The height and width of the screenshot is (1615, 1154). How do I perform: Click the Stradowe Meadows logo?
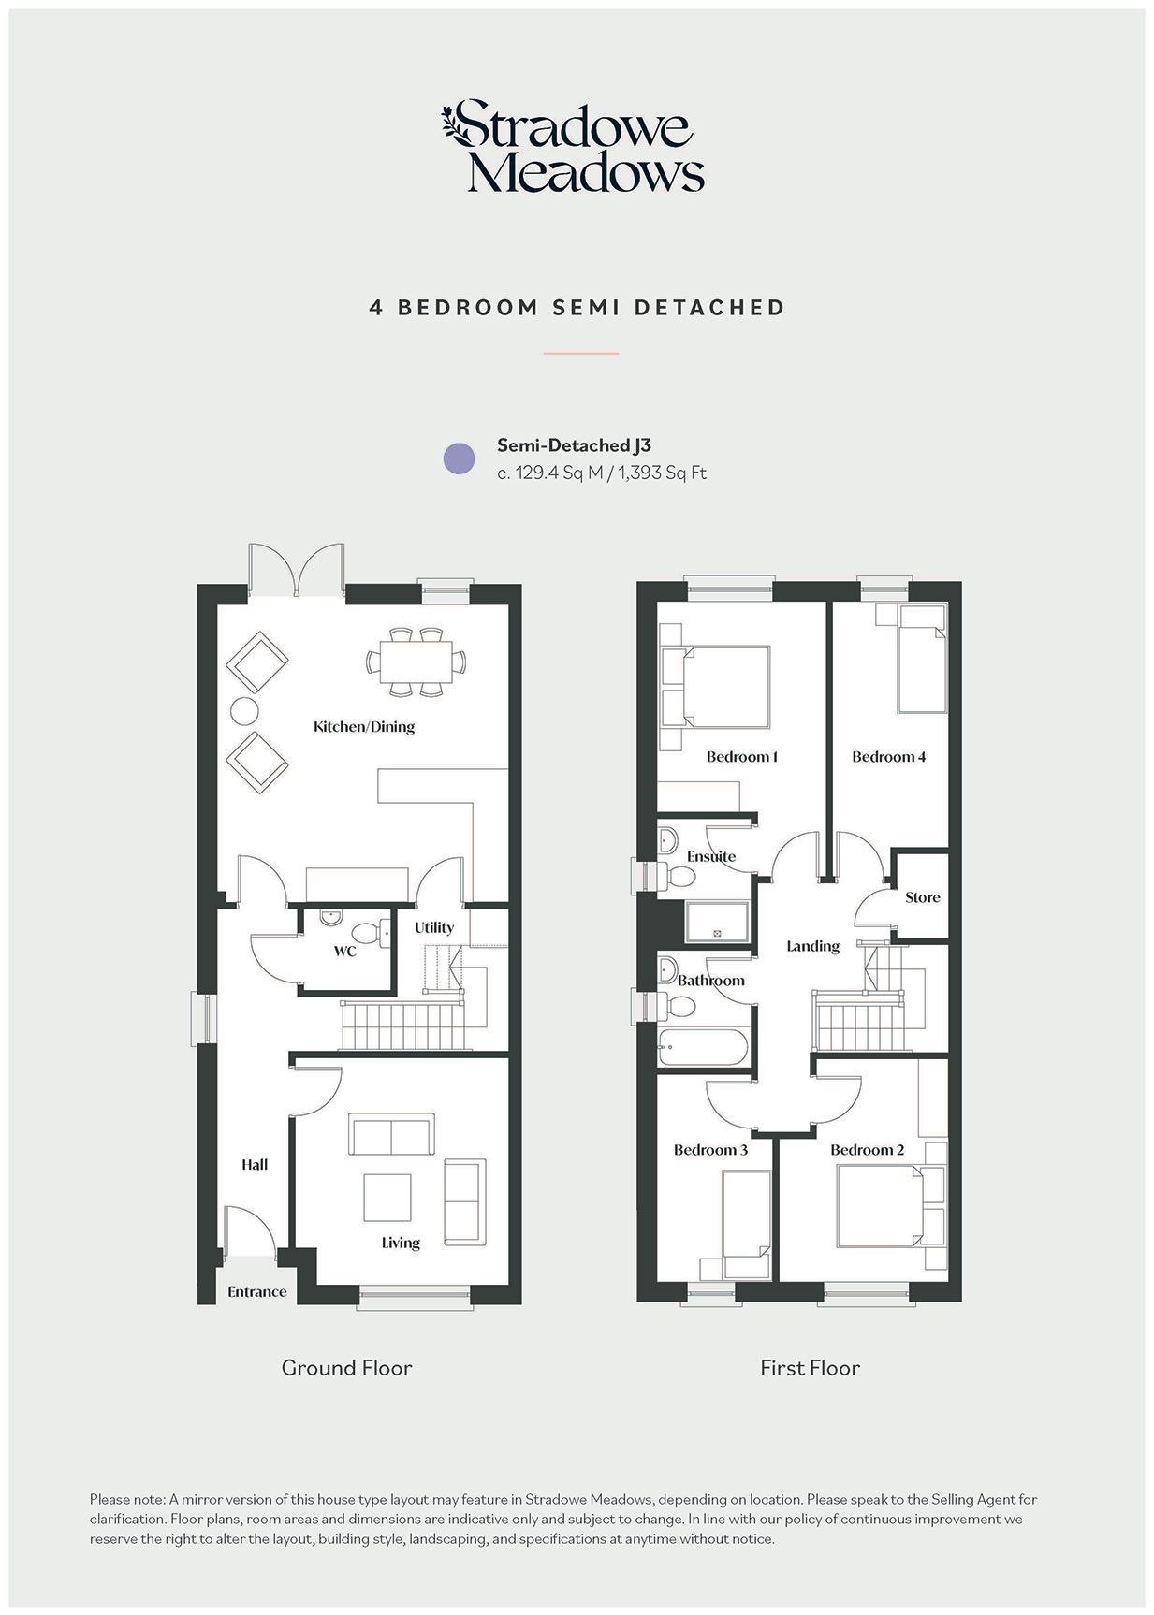tap(573, 147)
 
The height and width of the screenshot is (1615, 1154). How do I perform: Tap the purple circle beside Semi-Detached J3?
tap(459, 458)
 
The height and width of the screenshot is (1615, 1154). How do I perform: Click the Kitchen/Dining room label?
tap(364, 727)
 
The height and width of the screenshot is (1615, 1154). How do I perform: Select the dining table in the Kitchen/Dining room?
tap(416, 662)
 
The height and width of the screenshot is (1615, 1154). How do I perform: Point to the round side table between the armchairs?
tap(244, 711)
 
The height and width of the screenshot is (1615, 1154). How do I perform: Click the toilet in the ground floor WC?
tap(367, 933)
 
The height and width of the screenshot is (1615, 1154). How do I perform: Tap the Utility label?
tap(434, 927)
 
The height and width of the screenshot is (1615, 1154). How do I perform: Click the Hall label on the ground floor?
tap(255, 1165)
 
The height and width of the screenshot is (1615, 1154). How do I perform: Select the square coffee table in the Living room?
tap(387, 1198)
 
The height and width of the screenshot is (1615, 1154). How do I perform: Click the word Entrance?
tap(257, 1292)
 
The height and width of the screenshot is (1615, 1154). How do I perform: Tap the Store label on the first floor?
tap(922, 897)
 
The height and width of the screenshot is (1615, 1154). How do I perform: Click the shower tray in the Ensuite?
tap(718, 922)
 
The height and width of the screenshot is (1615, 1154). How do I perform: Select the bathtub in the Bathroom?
tap(703, 1047)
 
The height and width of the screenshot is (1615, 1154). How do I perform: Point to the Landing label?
tap(812, 946)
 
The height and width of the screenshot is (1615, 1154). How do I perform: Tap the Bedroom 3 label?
tap(710, 1150)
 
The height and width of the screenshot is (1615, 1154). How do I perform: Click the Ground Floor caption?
tap(346, 1368)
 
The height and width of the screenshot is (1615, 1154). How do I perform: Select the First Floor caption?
tap(810, 1368)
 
